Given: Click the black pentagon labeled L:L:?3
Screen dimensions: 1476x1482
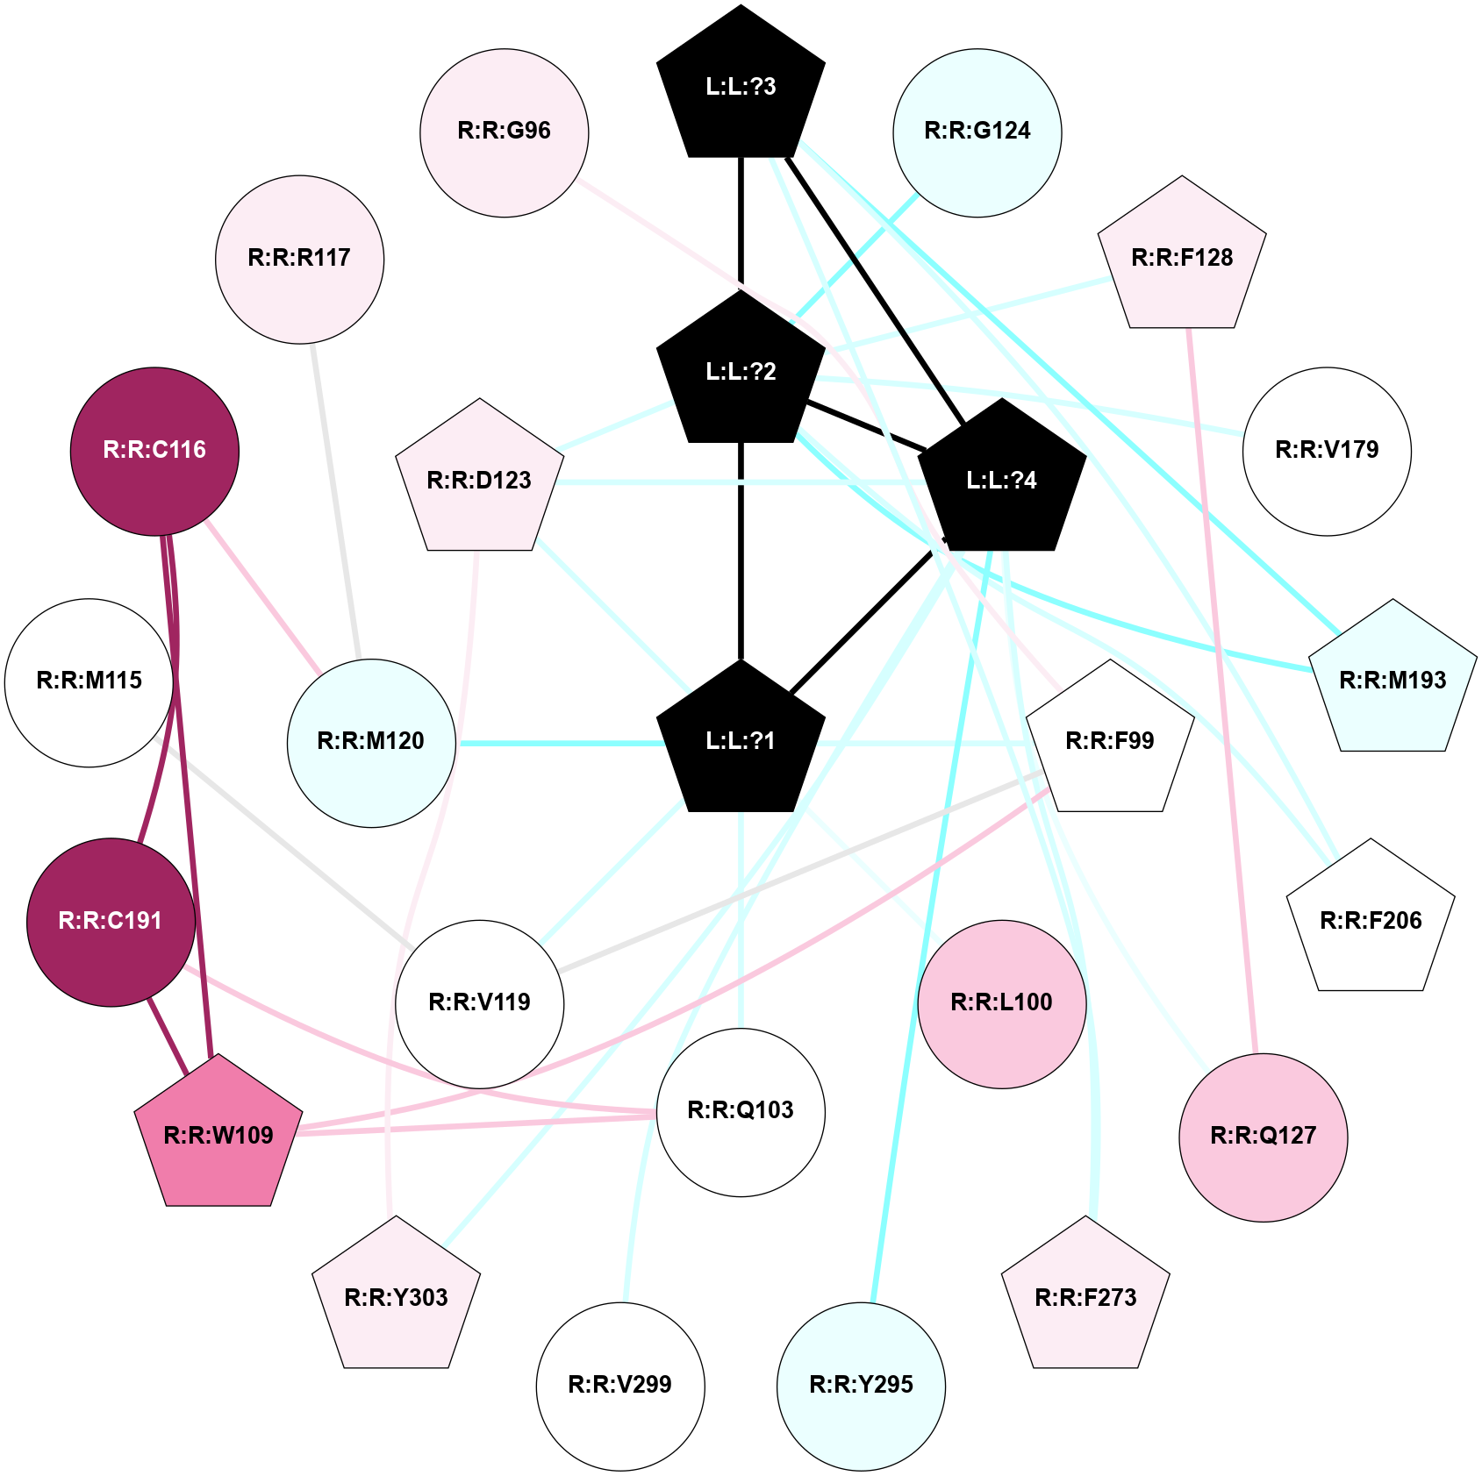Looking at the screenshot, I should pyautogui.click(x=741, y=87).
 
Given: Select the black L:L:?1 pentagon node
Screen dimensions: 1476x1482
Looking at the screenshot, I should pyautogui.click(x=741, y=741).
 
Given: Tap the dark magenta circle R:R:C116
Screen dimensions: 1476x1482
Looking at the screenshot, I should pyautogui.click(x=154, y=451).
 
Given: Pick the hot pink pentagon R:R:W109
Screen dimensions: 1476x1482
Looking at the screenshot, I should pyautogui.click(x=218, y=1135).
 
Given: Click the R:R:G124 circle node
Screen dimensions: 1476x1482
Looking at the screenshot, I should pyautogui.click(x=977, y=132).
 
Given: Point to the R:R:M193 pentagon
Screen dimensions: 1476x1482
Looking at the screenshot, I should pyautogui.click(x=1393, y=680).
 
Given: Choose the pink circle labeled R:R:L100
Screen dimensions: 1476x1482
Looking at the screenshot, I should pyautogui.click(x=1001, y=1003).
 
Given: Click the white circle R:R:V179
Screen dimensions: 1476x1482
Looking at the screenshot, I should pyautogui.click(x=1327, y=451).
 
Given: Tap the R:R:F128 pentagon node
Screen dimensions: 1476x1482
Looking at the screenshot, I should pyautogui.click(x=1182, y=258).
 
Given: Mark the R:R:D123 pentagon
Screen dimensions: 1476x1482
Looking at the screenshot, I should pyautogui.click(x=479, y=481).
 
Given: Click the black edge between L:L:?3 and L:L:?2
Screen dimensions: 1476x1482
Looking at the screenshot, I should pyautogui.click(x=741, y=219).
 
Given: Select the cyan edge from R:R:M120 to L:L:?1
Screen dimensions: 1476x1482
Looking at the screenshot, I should pyautogui.click(x=562, y=744).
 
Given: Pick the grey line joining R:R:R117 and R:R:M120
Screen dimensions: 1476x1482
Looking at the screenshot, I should pyautogui.click(x=335, y=500).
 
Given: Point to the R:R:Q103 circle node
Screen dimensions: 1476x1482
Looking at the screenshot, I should pyautogui.click(x=741, y=1111).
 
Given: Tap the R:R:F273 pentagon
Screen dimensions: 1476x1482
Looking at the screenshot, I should pyautogui.click(x=1085, y=1297).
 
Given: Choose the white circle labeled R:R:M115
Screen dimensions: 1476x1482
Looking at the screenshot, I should pyautogui.click(x=89, y=681).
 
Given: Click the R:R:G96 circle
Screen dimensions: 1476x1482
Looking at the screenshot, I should pyautogui.click(x=504, y=132).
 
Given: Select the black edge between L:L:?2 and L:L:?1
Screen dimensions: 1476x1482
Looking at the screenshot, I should pyautogui.click(x=741, y=553).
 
